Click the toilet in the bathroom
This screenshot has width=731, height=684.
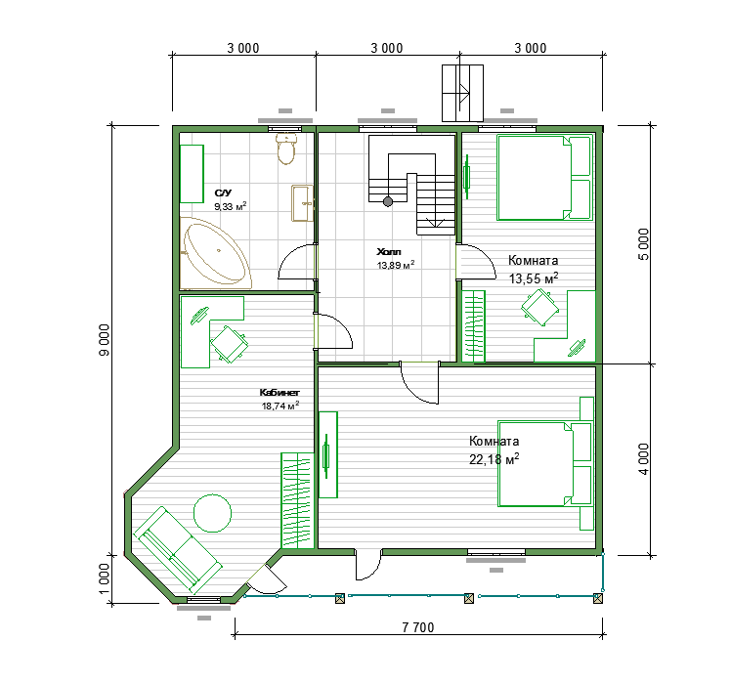click(286, 149)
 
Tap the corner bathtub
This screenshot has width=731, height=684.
click(215, 253)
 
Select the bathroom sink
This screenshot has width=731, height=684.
click(303, 203)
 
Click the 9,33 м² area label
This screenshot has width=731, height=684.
click(231, 206)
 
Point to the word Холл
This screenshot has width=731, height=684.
click(389, 252)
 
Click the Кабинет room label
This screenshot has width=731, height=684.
click(279, 393)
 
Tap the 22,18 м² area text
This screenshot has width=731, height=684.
click(494, 459)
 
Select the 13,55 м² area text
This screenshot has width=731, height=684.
click(534, 278)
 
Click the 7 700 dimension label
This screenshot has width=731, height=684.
click(418, 627)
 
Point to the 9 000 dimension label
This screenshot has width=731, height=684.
click(105, 340)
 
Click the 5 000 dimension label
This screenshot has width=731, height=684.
click(643, 244)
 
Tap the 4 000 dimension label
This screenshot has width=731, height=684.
click(643, 459)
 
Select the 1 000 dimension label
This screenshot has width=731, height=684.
click(105, 579)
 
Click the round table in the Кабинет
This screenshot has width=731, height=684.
click(213, 513)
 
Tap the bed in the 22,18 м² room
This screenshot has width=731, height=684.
click(545, 464)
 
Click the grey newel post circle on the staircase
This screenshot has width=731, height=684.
click(388, 201)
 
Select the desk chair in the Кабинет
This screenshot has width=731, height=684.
click(229, 344)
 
